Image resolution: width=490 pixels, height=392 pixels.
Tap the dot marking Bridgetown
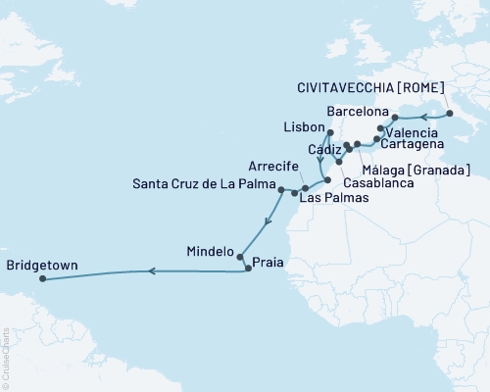[42, 278]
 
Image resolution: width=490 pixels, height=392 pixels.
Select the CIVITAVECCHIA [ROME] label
[367, 87]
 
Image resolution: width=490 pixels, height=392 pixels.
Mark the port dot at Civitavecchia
[450, 114]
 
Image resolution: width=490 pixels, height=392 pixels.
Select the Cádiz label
[324, 150]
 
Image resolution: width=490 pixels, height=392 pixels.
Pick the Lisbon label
[301, 128]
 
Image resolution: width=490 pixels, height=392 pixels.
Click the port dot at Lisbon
[330, 133]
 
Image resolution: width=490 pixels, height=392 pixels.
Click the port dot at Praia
[248, 268]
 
